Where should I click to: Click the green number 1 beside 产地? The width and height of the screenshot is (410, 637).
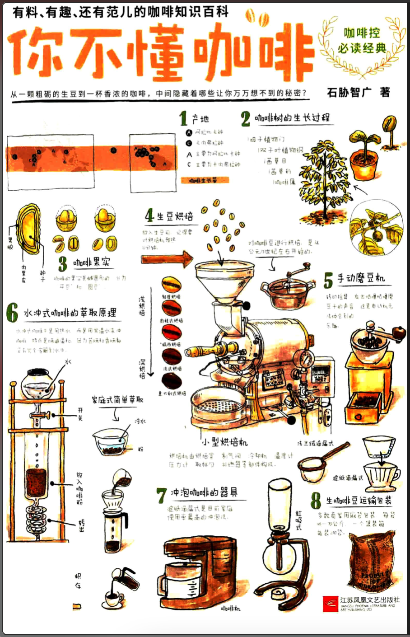pos(183,118)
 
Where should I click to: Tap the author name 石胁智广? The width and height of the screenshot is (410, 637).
pos(349,92)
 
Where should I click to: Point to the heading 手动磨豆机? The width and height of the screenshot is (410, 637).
pos(361,279)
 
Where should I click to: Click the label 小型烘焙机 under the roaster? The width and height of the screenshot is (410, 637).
pos(224,441)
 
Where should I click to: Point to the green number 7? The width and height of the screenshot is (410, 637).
pos(162,495)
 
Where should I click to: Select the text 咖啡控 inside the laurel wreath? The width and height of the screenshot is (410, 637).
pos(362,33)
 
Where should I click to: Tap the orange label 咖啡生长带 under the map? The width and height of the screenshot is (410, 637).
pos(205,180)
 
